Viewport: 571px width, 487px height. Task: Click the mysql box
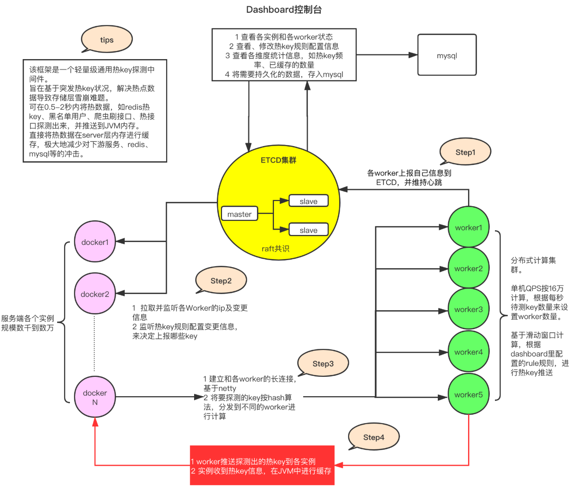tap(447, 55)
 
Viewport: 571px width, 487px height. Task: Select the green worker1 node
tap(469, 227)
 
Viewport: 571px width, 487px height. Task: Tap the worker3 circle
tap(469, 309)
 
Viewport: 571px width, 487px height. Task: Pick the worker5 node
tap(469, 394)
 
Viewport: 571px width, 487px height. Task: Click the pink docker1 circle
tap(95, 242)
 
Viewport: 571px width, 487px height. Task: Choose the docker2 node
tap(95, 294)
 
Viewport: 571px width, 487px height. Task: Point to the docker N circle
tap(95, 397)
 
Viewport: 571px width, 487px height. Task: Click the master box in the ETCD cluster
tap(239, 214)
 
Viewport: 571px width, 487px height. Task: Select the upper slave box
tap(308, 201)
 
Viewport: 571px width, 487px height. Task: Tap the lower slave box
tap(308, 230)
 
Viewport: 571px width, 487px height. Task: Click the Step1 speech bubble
tap(465, 152)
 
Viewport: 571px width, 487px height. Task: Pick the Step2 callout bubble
tap(221, 280)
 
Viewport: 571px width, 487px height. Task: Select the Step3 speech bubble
tap(323, 363)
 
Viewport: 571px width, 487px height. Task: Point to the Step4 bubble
tap(374, 437)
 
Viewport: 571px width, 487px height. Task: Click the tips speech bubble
tap(107, 40)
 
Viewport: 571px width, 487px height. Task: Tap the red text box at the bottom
tap(262, 465)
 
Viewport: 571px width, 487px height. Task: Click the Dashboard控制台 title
tap(284, 9)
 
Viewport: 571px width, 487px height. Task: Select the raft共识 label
tap(275, 249)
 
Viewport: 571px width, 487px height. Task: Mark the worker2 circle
tap(469, 268)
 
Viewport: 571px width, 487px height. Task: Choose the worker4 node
tap(469, 352)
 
